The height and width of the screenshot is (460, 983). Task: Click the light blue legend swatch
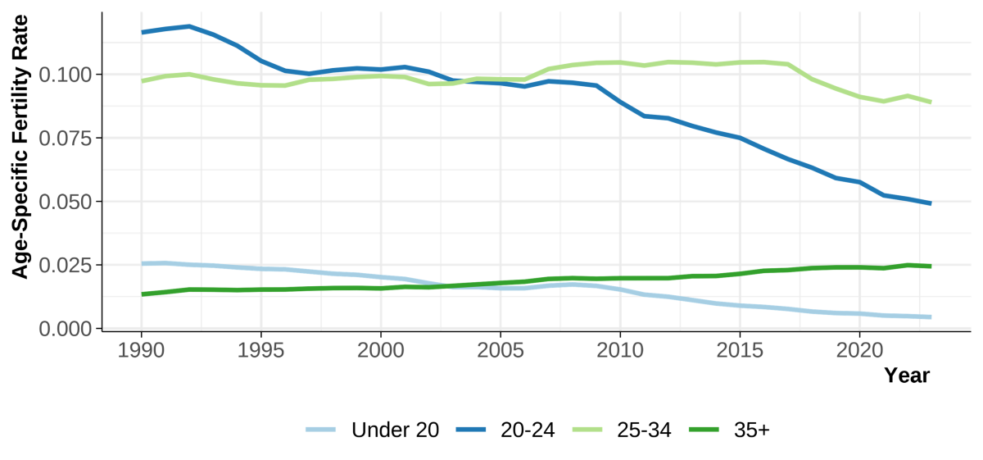(x=320, y=429)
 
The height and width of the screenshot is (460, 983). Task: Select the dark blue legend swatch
(x=470, y=429)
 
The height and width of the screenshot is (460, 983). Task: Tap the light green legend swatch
(x=587, y=429)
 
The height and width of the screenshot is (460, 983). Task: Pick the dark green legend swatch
(x=703, y=429)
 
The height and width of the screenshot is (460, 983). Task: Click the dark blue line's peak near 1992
(x=190, y=26)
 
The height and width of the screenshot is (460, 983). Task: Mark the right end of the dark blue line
(x=931, y=203)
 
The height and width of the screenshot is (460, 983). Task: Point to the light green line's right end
(x=931, y=102)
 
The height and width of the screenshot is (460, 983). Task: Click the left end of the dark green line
(x=143, y=294)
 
